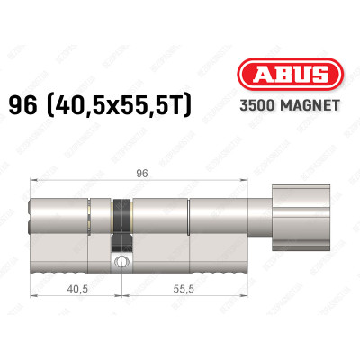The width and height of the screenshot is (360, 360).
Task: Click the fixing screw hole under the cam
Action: pyautogui.click(x=120, y=264)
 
